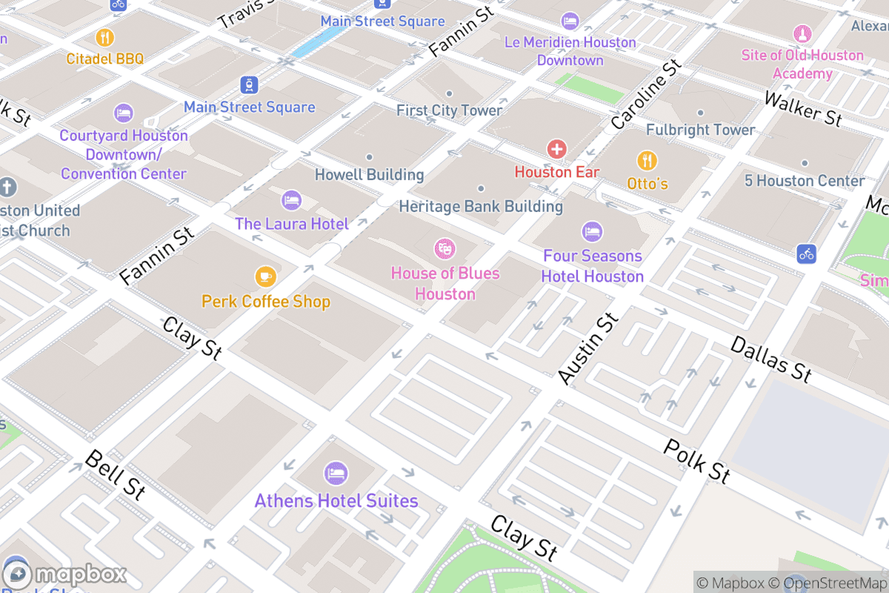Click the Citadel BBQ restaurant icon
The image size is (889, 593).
point(104,37)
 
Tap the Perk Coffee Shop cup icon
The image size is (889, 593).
point(265,277)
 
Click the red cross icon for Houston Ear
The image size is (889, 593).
point(556,149)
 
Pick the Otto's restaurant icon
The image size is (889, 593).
point(647,160)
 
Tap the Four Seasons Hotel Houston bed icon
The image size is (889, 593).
point(591,231)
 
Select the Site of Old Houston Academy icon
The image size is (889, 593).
point(802,34)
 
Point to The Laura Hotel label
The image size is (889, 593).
point(291,223)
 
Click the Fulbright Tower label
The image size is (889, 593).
point(700,130)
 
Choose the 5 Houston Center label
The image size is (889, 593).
point(804,180)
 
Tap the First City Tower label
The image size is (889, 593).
point(449,110)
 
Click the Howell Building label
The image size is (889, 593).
point(369,175)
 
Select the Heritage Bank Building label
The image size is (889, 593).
point(481,206)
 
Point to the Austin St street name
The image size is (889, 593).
point(587,348)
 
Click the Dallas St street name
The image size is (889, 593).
point(770,359)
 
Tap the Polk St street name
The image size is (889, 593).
point(696,460)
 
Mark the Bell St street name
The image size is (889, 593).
point(115,474)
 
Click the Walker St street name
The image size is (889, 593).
point(803,108)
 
